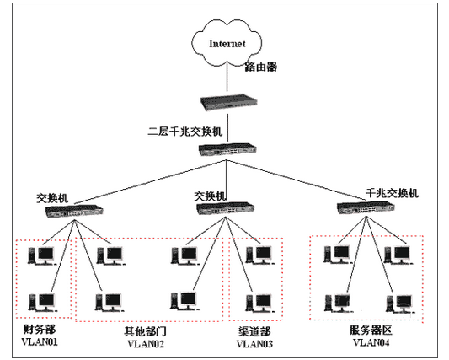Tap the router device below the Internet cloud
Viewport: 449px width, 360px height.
[x=225, y=103]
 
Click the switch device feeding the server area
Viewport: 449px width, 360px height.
[x=362, y=208]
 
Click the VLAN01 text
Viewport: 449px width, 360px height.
[x=39, y=343]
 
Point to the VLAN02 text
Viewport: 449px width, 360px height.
[x=147, y=344]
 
